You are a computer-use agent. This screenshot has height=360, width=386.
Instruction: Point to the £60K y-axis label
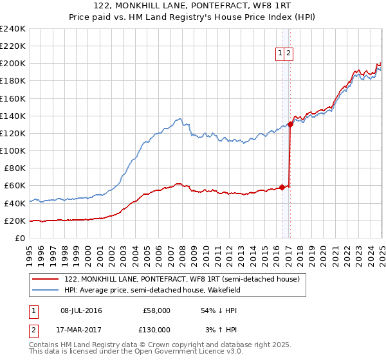pyautogui.click(x=15, y=186)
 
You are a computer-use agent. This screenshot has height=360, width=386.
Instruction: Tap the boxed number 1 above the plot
pyautogui.click(x=281, y=54)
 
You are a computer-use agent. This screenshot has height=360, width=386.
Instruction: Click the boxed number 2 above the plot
pyautogui.click(x=289, y=54)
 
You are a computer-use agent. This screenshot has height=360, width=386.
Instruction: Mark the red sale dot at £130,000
pyautogui.click(x=290, y=125)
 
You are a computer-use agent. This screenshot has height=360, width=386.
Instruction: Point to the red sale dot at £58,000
pyautogui.click(x=282, y=188)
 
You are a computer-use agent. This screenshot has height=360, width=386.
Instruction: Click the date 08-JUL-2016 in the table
pyautogui.click(x=81, y=310)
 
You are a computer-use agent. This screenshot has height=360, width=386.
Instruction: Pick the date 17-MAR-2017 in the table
pyautogui.click(x=81, y=330)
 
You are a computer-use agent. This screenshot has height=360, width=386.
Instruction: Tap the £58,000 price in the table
pyautogui.click(x=156, y=310)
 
